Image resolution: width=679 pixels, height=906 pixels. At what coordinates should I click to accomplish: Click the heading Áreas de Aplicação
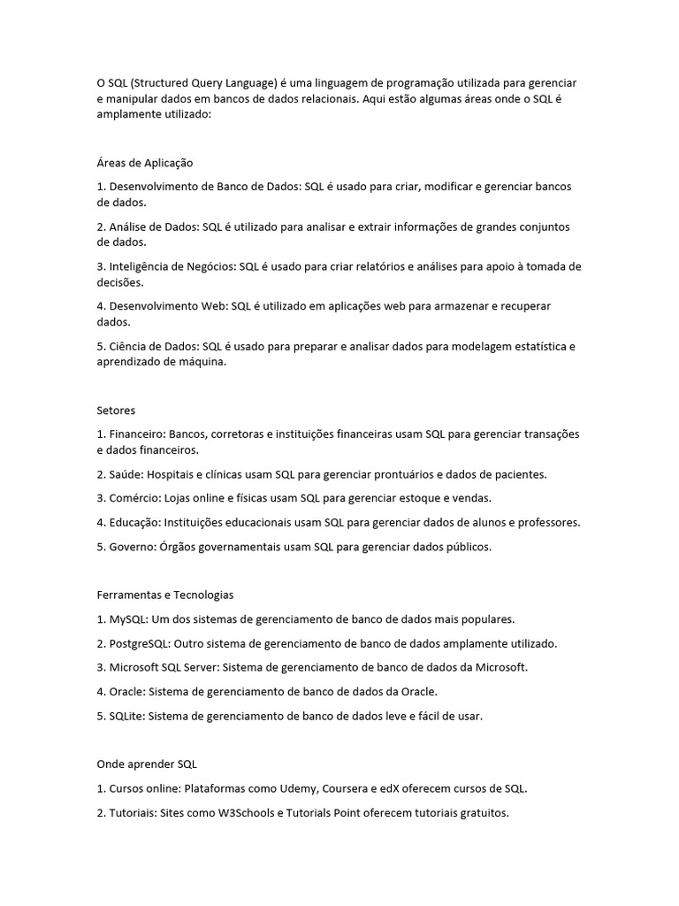tap(145, 163)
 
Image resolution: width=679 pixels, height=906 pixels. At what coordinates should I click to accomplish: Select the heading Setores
tap(116, 411)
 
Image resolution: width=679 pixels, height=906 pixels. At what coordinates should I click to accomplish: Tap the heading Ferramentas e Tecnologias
tap(165, 595)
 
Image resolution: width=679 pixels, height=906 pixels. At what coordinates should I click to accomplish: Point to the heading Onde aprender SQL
tap(147, 764)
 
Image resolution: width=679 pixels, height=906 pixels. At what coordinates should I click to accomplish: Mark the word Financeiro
tap(136, 434)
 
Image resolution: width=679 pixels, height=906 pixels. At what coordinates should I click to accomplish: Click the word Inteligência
tap(141, 266)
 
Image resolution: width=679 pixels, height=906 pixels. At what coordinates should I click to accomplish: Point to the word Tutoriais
tap(134, 812)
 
